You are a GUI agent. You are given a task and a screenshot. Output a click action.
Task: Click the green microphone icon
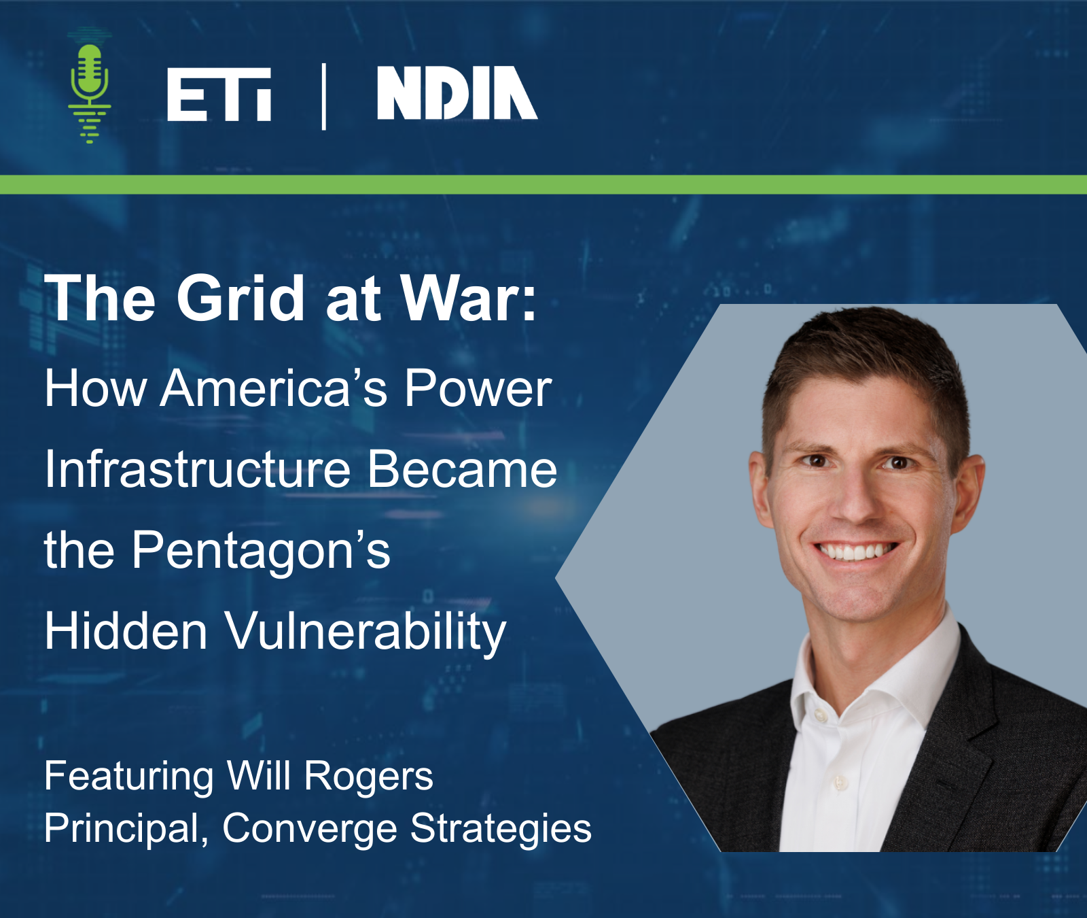click(89, 85)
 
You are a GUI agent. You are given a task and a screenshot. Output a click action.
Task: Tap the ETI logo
click(219, 95)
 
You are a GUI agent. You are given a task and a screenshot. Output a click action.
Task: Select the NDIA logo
click(457, 93)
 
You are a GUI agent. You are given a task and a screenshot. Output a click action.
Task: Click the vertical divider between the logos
click(324, 96)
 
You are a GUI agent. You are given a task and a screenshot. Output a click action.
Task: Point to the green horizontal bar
click(543, 184)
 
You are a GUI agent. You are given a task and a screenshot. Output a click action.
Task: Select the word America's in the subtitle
click(274, 389)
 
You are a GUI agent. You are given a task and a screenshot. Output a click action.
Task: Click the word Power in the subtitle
click(478, 390)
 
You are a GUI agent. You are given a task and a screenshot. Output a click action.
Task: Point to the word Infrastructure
click(198, 469)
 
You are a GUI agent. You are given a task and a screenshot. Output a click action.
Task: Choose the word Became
click(462, 469)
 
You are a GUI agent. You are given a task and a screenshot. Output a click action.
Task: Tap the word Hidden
click(126, 630)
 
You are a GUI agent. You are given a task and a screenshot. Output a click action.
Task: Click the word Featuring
click(129, 777)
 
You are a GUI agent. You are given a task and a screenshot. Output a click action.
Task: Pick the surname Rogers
click(368, 777)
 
